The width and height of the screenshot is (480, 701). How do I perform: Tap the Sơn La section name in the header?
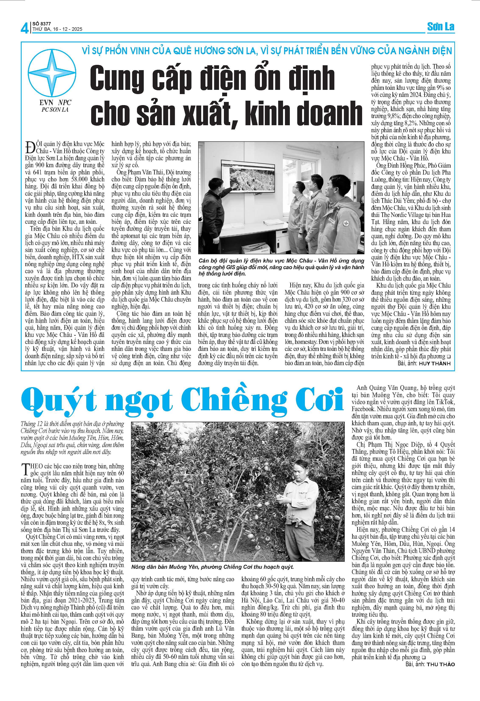pos(441,27)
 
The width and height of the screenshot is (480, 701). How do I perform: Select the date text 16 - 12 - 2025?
pos(68,29)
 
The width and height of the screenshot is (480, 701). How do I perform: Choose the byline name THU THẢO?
pos(441,664)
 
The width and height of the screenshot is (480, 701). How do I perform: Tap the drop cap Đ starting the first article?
pos(30,147)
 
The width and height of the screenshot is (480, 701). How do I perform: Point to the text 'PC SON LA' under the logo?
pos(55,110)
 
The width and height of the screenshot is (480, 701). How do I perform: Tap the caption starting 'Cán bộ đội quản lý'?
pos(281,267)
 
